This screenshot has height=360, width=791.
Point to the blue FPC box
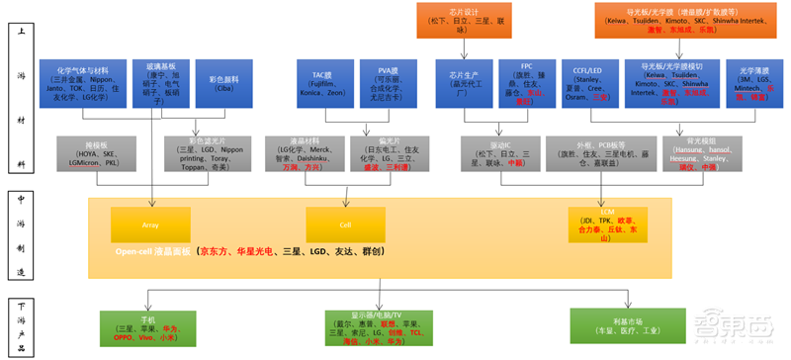click(x=526, y=83)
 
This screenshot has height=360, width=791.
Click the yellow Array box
click(x=150, y=225)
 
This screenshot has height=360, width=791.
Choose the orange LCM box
click(x=606, y=225)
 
